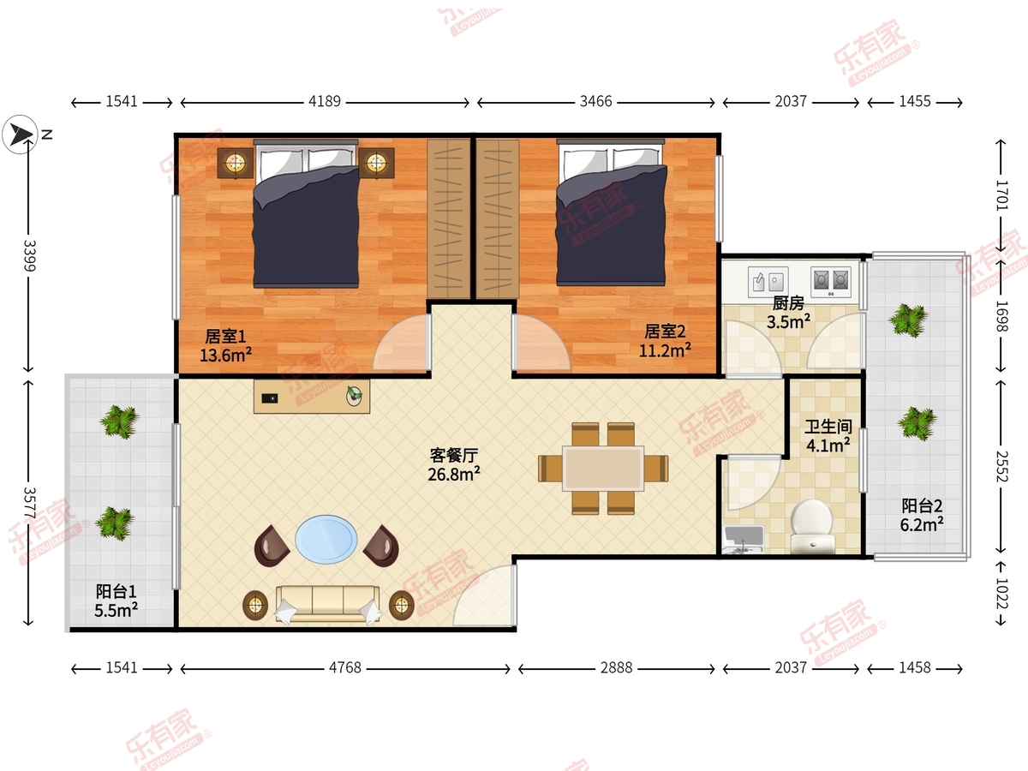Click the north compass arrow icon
point(20,134)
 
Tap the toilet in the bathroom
point(813,526)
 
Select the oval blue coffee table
point(326,540)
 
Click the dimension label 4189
point(325,101)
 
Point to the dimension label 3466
point(595,101)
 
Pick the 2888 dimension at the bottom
point(616,667)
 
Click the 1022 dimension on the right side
point(1001,594)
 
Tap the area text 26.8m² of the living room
point(454,475)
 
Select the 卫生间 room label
point(828,427)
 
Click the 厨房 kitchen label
point(788,303)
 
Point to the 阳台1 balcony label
point(117,591)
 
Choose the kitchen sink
point(768,282)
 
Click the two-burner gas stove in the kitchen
point(831,282)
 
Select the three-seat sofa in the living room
point(327,604)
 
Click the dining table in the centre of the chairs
point(603,469)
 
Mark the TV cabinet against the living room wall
point(312,397)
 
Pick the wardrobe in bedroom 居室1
point(449,218)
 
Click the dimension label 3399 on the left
point(29,255)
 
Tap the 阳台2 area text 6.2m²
point(922,525)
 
